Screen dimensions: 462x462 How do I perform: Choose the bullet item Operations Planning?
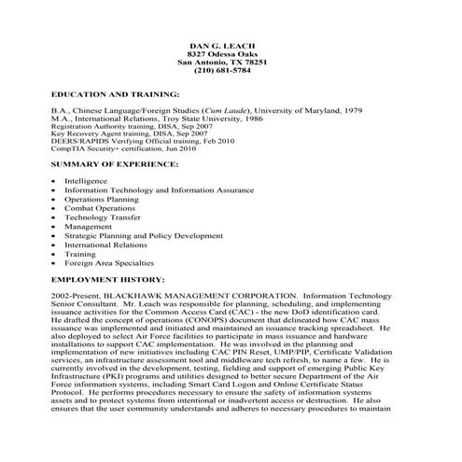point(101,198)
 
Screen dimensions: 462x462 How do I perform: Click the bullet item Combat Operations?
point(100,207)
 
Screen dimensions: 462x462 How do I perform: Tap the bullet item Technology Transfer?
point(102,217)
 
